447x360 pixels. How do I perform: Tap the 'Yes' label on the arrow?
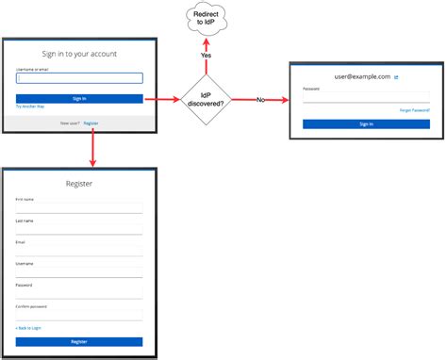coord(206,57)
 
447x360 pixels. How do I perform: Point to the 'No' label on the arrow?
coord(261,99)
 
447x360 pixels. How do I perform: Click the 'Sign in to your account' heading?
coord(79,54)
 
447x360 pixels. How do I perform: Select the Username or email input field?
coord(79,79)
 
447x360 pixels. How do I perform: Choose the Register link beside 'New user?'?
coord(91,123)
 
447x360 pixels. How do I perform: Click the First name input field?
coord(79,208)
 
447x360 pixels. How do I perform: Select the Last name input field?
coord(79,229)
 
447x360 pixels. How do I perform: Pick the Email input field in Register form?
coord(79,251)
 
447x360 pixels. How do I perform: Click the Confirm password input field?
coord(79,315)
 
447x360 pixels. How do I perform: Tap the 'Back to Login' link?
coord(29,327)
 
